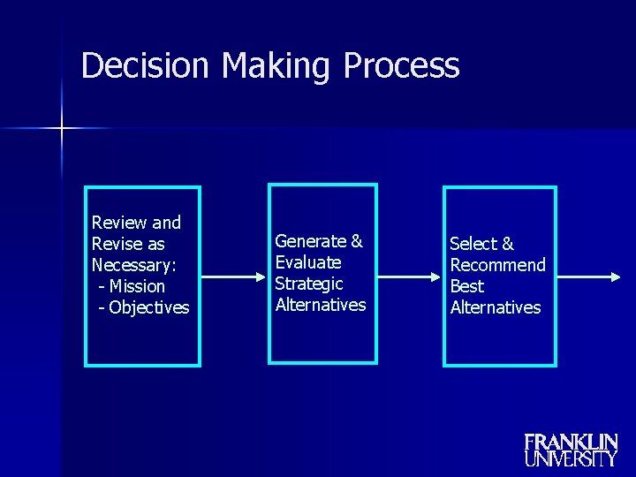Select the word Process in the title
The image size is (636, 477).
coord(402,67)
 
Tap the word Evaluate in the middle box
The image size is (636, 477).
coord(308,262)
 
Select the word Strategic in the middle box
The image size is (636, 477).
coord(309,284)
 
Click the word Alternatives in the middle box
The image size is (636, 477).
coord(321,305)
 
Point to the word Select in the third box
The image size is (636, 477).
coord(473,244)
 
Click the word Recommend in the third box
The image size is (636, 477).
coord(498,265)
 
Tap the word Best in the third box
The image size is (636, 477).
coord(467,286)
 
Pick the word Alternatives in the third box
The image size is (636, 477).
coord(496,307)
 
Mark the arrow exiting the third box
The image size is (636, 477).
coord(588,276)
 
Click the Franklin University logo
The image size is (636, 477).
coord(571,450)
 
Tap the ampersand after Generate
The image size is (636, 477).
coord(357,241)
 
